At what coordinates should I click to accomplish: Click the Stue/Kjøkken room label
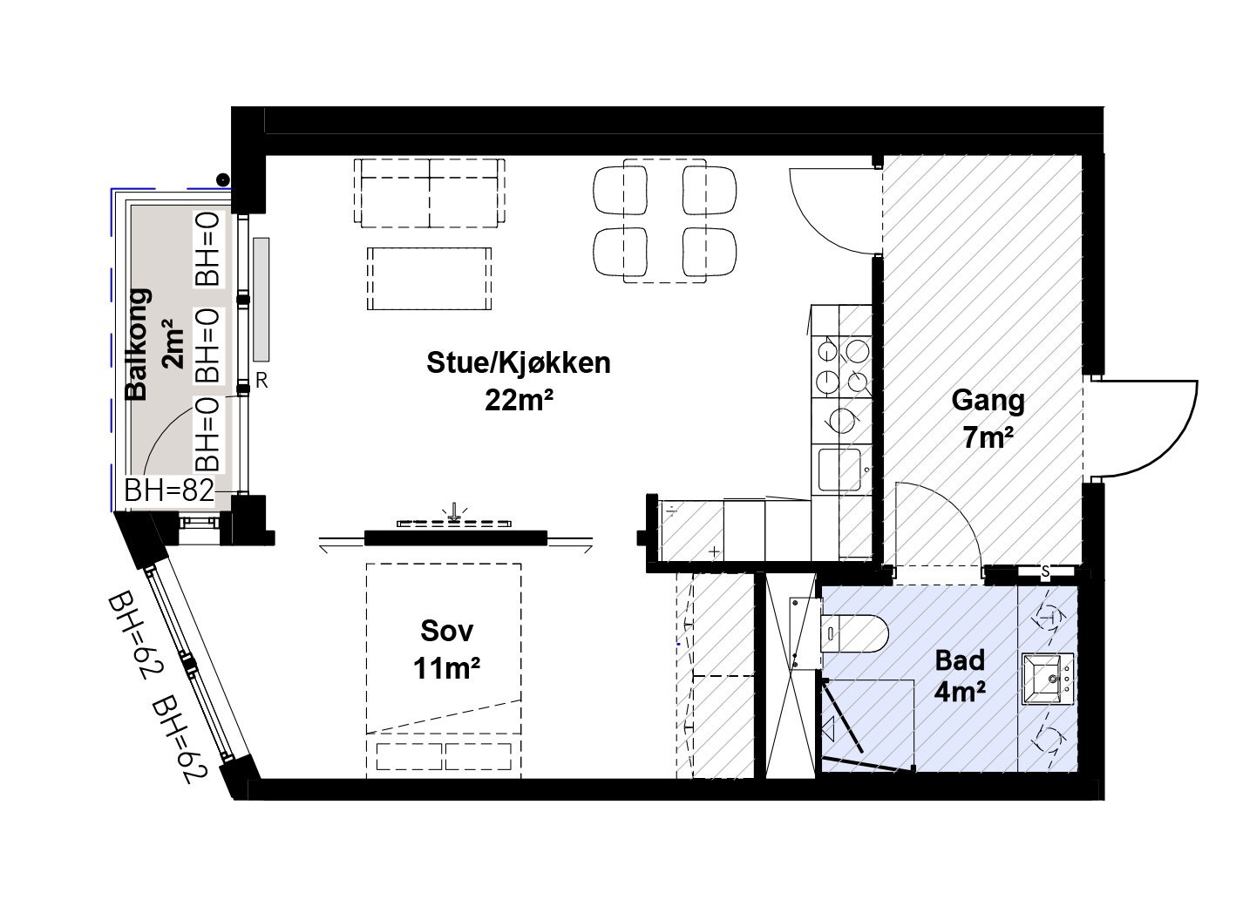coord(518,362)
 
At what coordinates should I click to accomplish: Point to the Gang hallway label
coord(988,401)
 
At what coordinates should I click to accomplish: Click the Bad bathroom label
coord(960,659)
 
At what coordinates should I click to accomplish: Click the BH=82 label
coord(169,491)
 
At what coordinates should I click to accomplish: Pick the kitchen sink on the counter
coord(840,470)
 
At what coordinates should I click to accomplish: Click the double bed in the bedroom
coord(444,670)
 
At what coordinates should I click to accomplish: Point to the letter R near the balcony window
coord(261,381)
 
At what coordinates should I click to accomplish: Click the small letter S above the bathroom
coord(1045,571)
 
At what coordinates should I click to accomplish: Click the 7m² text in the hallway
coord(988,438)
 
